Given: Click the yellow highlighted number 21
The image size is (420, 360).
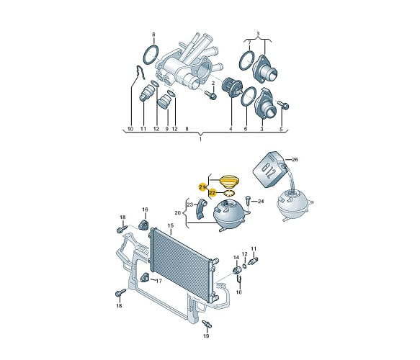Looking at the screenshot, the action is pos(202,186).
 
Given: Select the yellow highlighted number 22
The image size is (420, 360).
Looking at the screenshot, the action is pos(213,192).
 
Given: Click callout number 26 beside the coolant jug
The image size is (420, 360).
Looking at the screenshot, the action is pos(295,160).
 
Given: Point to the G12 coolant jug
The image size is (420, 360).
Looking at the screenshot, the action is pos(268,169).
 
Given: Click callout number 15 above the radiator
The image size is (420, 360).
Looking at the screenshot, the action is pos(171,225).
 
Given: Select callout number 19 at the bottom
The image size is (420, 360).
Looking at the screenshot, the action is pos(206,336).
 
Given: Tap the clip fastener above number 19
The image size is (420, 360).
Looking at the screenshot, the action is pos(207,325).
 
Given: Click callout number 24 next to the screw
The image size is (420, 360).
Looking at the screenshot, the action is pos(261,201).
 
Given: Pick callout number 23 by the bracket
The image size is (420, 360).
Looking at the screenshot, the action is pos(190,204).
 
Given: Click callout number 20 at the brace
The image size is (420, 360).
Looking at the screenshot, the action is pos(178,213).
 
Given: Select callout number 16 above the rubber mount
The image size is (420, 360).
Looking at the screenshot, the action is pos(145,210).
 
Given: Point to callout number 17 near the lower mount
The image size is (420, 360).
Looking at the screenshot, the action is pos(158,281).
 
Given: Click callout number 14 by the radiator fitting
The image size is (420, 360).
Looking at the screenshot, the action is pos(236,258).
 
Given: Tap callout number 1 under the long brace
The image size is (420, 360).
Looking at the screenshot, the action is pos(200,139).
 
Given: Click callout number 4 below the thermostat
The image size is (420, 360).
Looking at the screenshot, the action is pos(231,129).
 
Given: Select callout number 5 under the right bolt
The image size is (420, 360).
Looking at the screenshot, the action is pos(281,130).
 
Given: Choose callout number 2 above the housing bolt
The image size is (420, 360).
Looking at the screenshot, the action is pos(213,84).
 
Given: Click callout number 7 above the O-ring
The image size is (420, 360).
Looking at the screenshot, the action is pos(249,42).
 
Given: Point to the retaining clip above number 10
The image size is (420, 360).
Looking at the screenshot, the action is pos(140,72).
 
